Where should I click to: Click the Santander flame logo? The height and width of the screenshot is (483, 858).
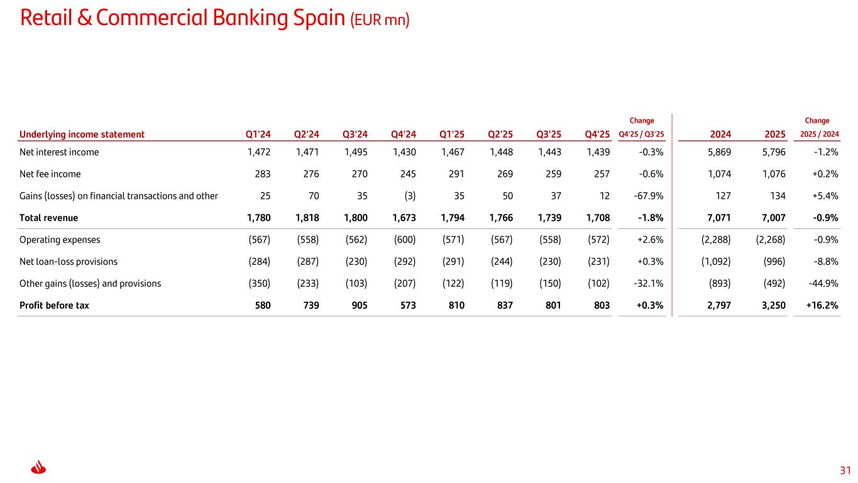coord(38,467)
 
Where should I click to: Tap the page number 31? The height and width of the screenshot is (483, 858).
coord(845,470)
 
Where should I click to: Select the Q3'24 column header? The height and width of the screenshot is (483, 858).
coord(355,134)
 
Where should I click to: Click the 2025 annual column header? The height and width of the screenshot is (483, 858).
coord(774,134)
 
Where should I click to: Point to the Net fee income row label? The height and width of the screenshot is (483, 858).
coord(50,174)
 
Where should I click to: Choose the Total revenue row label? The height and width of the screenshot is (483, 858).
coord(48,218)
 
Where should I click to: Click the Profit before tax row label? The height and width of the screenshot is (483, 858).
coord(54,306)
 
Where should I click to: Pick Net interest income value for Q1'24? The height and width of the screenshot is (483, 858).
coord(259,152)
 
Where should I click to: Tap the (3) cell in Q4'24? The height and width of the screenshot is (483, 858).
coord(410,196)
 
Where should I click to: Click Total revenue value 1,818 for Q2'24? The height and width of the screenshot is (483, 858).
coord(307,218)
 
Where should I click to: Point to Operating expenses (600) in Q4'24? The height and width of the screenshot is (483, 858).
coord(405,240)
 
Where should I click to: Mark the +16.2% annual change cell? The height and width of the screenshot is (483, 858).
coord(822,306)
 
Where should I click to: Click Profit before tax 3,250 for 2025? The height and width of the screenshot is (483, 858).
coord(773,306)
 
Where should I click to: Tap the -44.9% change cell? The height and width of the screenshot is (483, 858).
coord(823,284)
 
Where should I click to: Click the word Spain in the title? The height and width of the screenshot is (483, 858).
coord(319,18)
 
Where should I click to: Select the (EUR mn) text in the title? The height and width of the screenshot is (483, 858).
coord(380,20)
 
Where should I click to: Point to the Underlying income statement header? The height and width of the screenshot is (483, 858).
coord(82,135)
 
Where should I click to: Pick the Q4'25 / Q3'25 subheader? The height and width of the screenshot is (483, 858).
coord(641,134)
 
